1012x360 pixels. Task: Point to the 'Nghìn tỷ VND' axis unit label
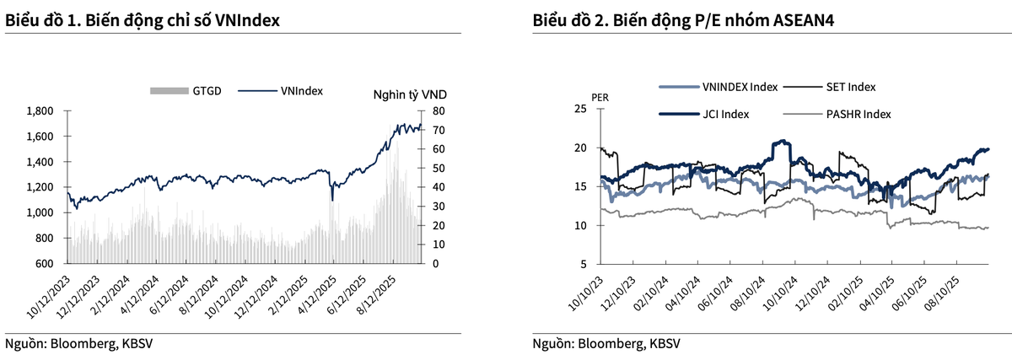point(409,94)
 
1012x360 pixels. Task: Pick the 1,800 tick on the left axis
point(40,111)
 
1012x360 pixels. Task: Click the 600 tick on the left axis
point(45,264)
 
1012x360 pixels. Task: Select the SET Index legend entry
point(848,86)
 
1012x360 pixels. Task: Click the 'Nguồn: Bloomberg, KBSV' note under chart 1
point(78,343)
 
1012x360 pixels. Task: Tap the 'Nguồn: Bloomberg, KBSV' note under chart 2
point(606,343)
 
